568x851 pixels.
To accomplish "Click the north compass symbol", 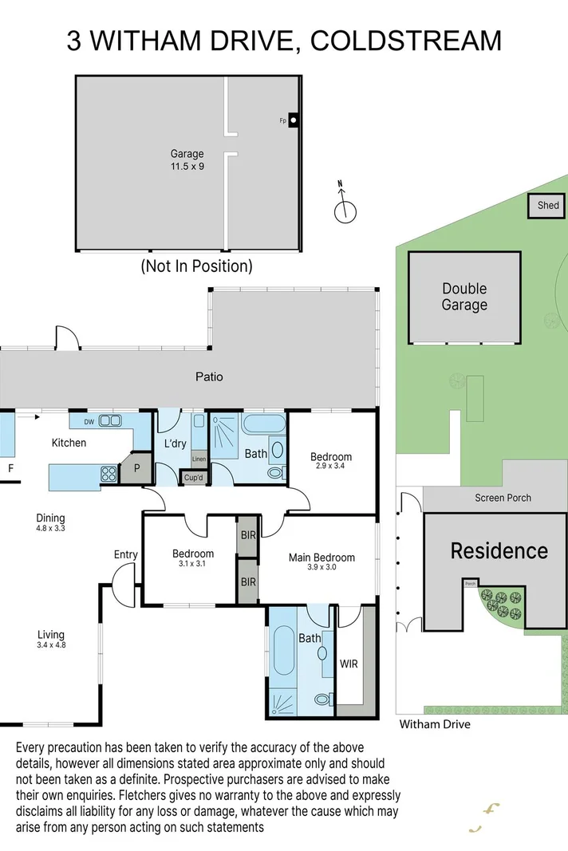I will pos(345,211).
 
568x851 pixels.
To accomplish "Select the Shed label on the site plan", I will pos(548,205).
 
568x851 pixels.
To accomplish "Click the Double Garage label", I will pos(464,297).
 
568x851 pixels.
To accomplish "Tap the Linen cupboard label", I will pos(199,459).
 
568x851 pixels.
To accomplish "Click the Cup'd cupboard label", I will pos(194,478).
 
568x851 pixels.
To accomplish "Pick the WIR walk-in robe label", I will pos(349,662).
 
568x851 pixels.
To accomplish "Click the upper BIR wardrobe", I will pos(248,535).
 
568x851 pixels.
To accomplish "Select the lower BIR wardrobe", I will pos(248,582).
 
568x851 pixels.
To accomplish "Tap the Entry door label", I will pos(126,555).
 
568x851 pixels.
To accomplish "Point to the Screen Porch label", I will pos(503,498).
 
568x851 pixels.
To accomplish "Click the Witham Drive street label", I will pos(435,724).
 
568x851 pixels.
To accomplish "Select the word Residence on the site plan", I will pos(499,550).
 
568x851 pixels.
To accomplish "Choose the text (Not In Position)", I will pos(196,266).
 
